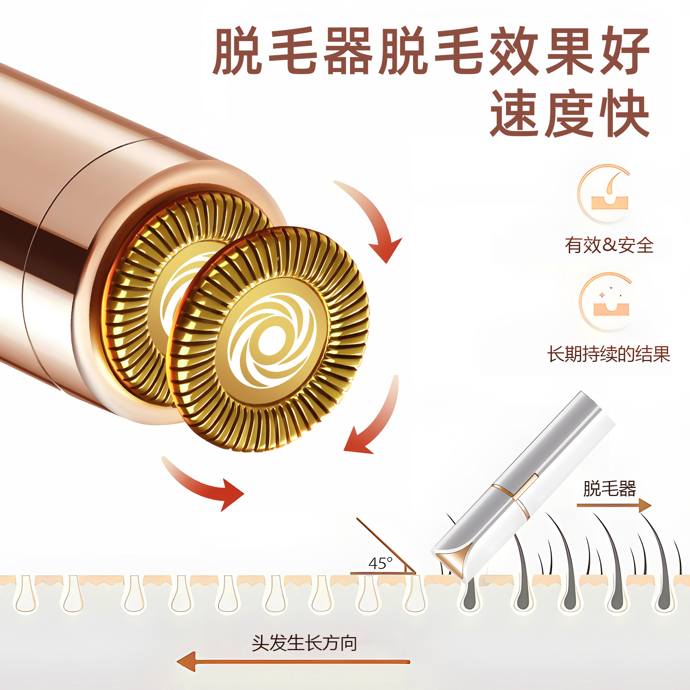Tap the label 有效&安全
(x=609, y=245)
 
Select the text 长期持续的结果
(x=608, y=354)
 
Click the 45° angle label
(x=380, y=563)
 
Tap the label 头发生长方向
(x=304, y=643)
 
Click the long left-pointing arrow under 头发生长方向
(x=293, y=661)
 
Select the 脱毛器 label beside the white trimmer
(x=609, y=489)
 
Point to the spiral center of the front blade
(x=271, y=340)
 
